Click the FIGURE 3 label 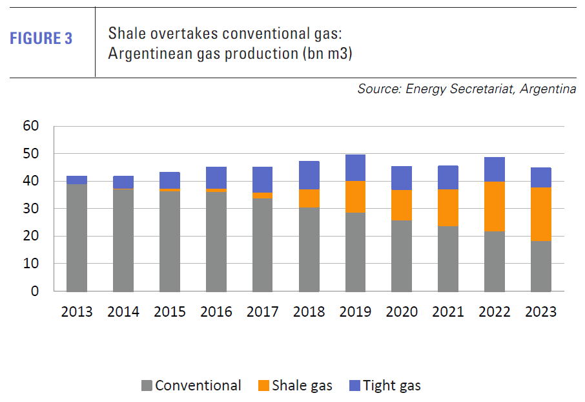tap(41, 38)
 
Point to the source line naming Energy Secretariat tap(466, 89)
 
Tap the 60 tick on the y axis tap(30, 125)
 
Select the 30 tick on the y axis tap(30, 209)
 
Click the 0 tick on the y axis tap(34, 291)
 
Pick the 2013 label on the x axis tap(77, 312)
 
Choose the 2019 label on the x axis tap(355, 312)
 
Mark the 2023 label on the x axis tap(541, 312)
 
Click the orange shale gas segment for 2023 tap(541, 214)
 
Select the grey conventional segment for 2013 tap(77, 238)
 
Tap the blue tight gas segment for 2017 tap(263, 180)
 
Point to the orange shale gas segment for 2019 tap(355, 196)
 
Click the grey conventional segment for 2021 tap(448, 259)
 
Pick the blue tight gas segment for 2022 tap(495, 169)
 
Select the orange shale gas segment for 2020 tap(402, 205)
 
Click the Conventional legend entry tap(198, 386)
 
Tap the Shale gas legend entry tap(302, 386)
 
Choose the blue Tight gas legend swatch tap(353, 386)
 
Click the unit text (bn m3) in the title tap(325, 54)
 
